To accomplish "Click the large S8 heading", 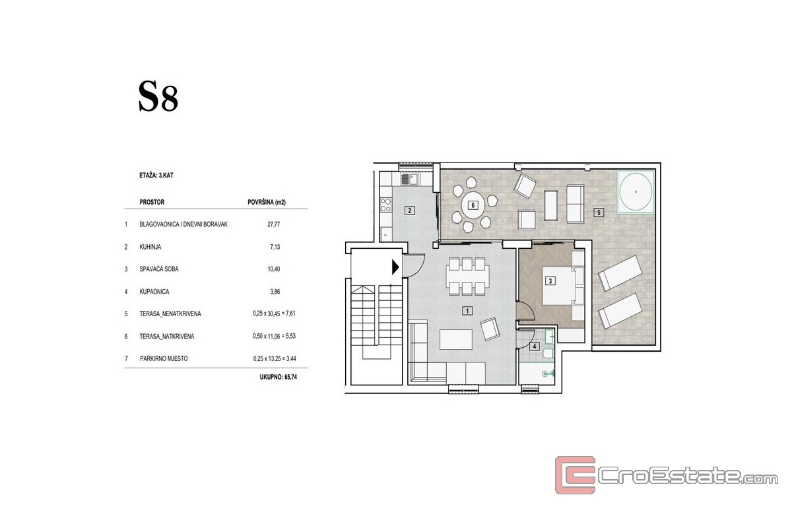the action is click(158, 96).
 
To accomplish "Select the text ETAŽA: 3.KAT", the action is click(156, 176).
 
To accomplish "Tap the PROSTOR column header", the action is click(152, 202).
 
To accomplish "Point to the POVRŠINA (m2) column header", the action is click(267, 202).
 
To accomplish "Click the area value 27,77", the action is click(274, 224).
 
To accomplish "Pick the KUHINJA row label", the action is click(150, 247).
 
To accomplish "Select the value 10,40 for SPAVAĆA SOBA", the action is click(274, 269).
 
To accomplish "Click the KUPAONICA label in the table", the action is click(154, 292).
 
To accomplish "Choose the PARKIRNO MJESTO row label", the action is click(164, 358).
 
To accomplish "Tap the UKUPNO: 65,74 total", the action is click(279, 377).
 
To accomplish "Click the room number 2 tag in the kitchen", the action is click(410, 211).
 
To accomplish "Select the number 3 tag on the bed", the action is click(550, 280).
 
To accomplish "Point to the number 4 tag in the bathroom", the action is click(534, 346).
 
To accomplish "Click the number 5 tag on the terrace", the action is click(599, 213).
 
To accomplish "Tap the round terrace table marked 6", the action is click(473, 205).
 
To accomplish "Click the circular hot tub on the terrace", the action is click(636, 191).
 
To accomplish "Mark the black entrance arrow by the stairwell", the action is click(395, 267).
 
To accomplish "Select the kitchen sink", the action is click(410, 179).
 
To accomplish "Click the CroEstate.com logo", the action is click(666, 475).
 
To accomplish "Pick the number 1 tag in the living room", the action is click(467, 311).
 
